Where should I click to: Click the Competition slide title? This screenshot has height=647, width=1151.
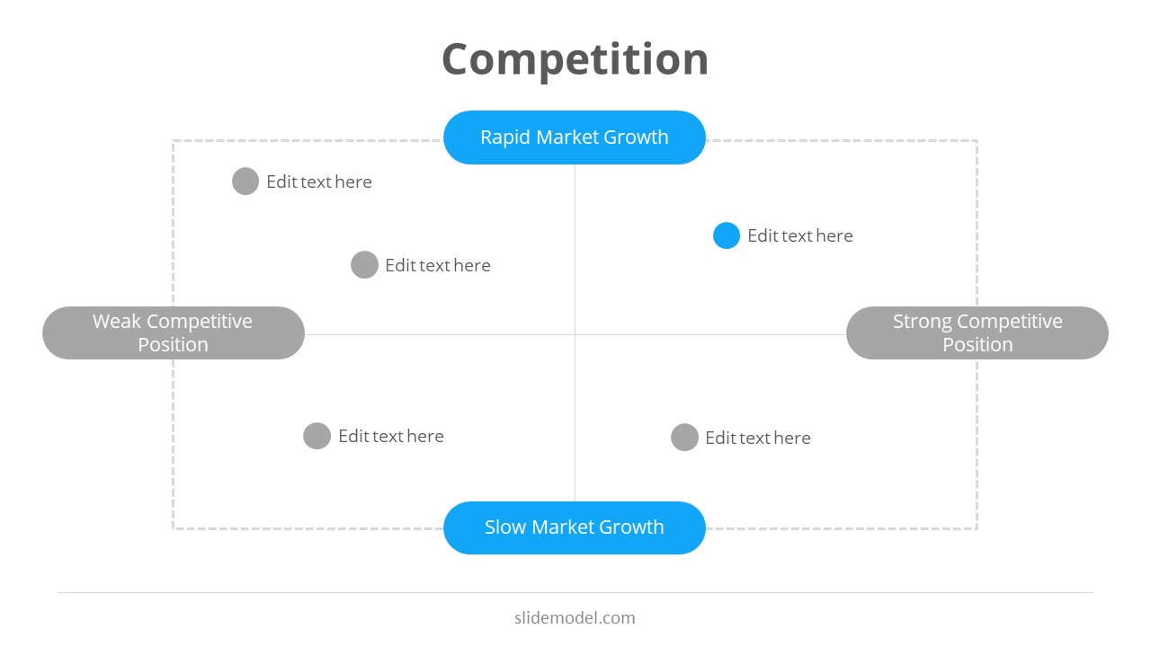tap(575, 59)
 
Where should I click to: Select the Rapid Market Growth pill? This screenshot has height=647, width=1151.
tap(575, 137)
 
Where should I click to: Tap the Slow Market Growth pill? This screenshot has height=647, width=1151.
tap(575, 527)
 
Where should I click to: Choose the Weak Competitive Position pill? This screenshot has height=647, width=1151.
tap(173, 333)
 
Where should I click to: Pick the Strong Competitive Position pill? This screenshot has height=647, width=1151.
tap(977, 333)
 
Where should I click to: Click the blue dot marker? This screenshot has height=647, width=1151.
tap(727, 235)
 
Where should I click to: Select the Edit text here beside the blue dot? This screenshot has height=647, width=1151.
tap(800, 235)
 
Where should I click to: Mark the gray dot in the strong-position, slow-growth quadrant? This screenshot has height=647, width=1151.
tap(684, 438)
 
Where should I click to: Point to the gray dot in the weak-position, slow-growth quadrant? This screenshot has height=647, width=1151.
tap(317, 436)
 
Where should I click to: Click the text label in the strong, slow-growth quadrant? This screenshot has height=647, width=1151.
tap(758, 438)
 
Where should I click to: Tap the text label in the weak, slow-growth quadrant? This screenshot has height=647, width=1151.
tap(391, 436)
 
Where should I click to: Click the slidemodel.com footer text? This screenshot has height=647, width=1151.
tap(575, 618)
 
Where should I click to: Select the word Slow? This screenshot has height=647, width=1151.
tap(504, 527)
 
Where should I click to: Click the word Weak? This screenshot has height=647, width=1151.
tap(116, 322)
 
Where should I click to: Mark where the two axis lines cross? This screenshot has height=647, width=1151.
tap(575, 334)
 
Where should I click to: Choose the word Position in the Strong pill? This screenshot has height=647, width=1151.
tap(977, 345)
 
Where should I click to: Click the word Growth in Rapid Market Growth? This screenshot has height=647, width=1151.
tap(636, 137)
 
